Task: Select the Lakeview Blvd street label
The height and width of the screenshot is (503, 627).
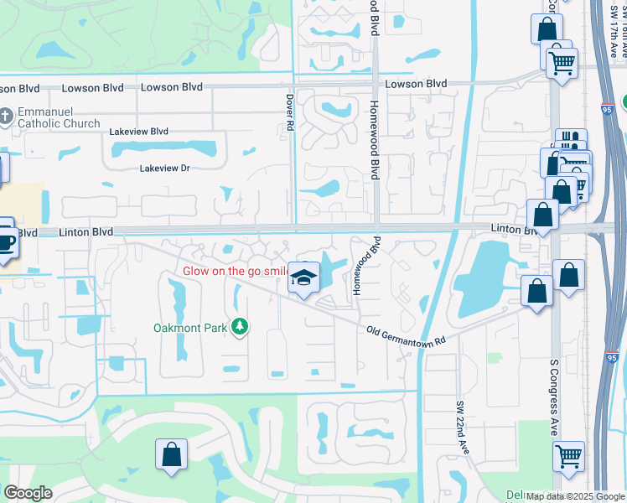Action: (x=139, y=132)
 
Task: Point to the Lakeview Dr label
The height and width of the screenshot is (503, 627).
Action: (x=165, y=168)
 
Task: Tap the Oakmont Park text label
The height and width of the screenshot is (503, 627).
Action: (x=189, y=328)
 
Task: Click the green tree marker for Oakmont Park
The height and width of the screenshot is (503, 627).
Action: (x=240, y=326)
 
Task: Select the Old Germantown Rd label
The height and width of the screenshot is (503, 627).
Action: (x=405, y=334)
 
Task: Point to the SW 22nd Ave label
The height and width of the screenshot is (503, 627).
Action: (x=460, y=428)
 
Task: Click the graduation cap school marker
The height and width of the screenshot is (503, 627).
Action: (x=303, y=278)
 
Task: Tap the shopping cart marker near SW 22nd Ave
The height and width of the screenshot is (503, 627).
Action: (x=569, y=458)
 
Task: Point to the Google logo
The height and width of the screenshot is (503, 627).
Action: (x=28, y=493)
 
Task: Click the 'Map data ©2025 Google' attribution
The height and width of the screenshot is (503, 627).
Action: (x=575, y=496)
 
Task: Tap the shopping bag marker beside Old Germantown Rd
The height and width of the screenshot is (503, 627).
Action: (x=536, y=293)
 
